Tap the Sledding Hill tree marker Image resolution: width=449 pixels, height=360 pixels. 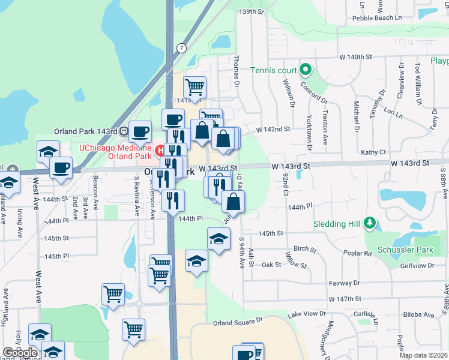(x=370, y=224)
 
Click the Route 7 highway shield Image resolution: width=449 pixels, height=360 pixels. (x=181, y=47)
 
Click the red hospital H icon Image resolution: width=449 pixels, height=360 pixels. (x=160, y=150)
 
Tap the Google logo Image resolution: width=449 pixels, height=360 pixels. (x=20, y=353)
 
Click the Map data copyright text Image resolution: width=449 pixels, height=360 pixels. (x=424, y=355)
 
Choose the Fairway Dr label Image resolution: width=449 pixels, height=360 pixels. (x=344, y=283)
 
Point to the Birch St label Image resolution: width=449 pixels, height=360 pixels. (x=305, y=248)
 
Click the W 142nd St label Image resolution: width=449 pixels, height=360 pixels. (x=273, y=129)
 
